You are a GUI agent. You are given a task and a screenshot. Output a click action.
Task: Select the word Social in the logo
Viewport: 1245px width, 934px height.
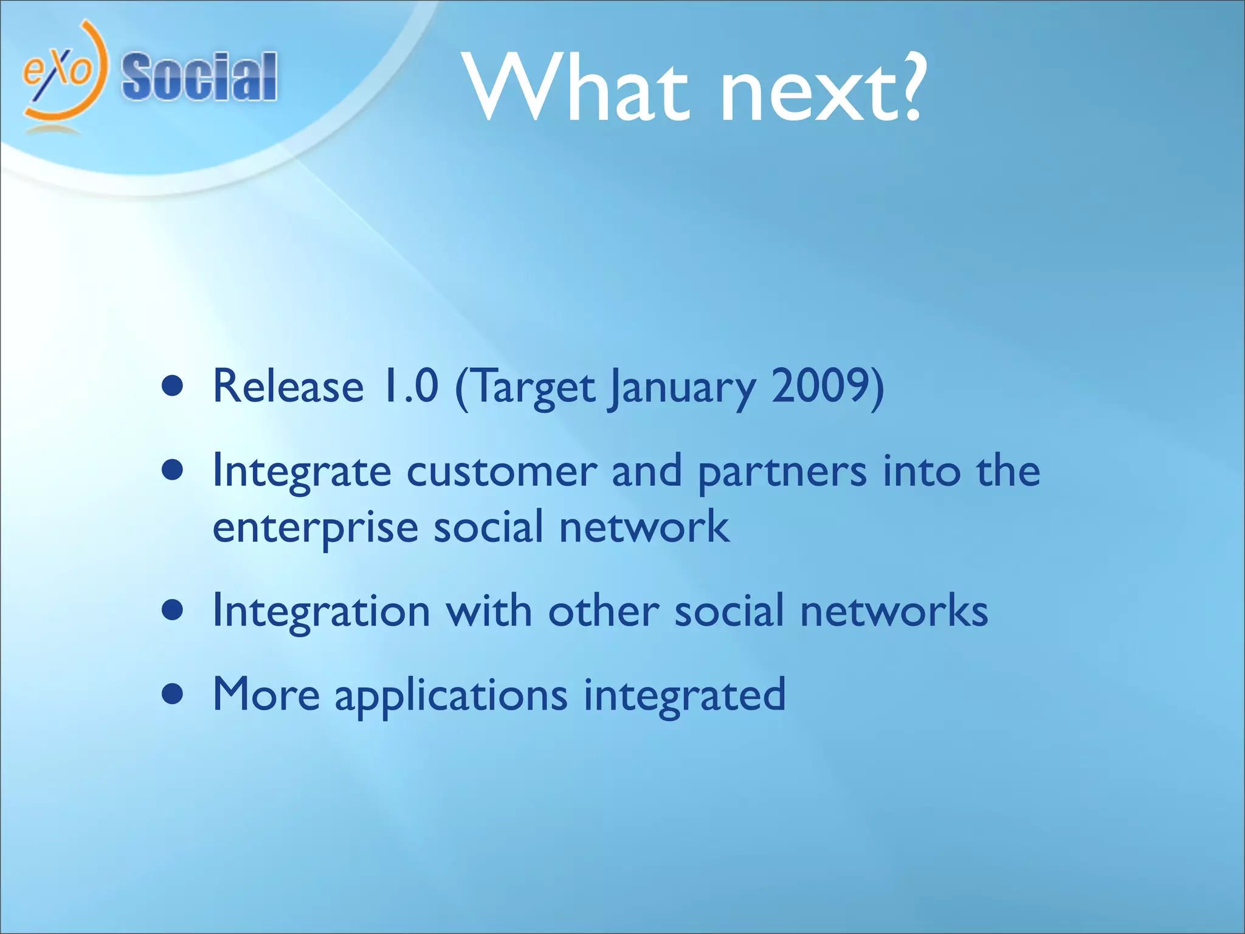click(199, 77)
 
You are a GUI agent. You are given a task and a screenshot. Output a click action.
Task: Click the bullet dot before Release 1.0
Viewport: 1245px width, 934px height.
click(173, 386)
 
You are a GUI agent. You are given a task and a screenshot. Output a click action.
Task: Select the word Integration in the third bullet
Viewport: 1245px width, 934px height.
click(322, 611)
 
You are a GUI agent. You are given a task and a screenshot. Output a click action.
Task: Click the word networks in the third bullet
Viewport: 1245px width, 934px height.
click(894, 611)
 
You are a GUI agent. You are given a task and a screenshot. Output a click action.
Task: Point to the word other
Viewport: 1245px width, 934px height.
click(603, 611)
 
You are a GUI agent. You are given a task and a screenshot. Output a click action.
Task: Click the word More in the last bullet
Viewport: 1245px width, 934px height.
click(266, 694)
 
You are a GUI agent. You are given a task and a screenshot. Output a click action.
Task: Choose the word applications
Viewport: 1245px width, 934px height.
click(450, 697)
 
